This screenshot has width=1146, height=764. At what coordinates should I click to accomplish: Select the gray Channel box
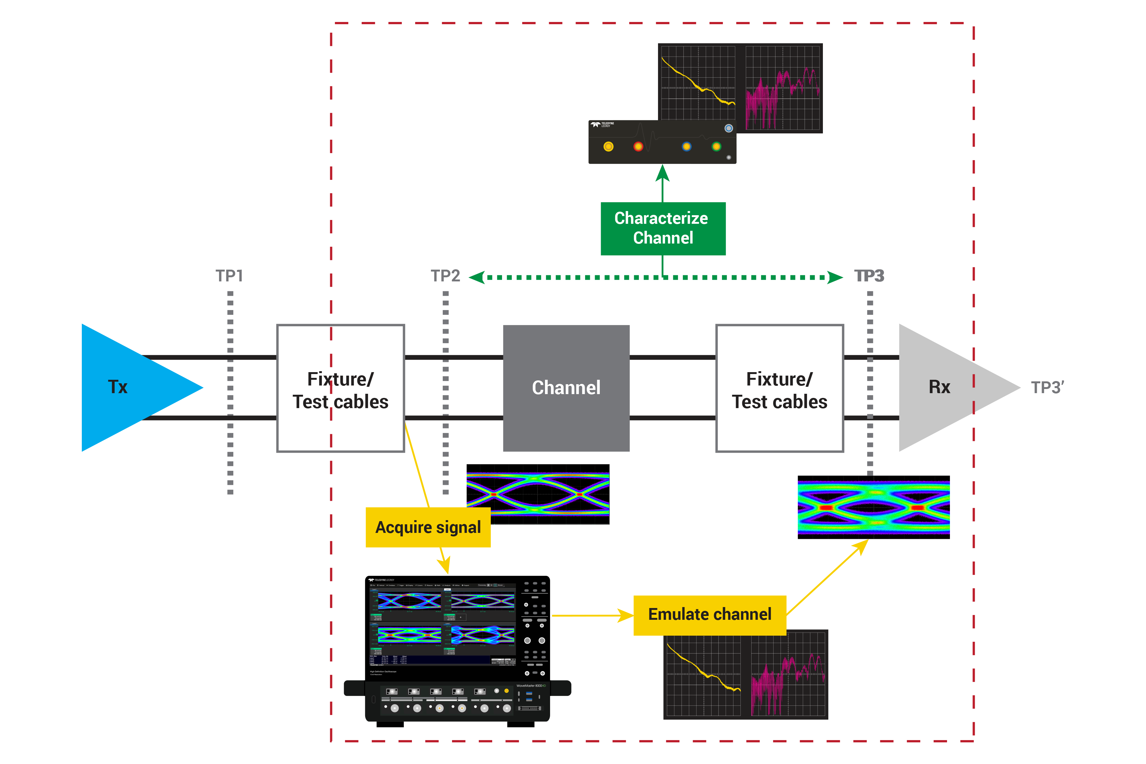coord(566,388)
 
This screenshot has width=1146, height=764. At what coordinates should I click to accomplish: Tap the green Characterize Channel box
coord(663,228)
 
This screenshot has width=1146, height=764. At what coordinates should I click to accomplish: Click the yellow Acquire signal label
coord(428,527)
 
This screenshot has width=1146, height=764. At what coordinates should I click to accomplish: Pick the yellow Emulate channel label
coord(710,614)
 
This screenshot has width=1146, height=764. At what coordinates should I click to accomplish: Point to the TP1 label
coord(230,276)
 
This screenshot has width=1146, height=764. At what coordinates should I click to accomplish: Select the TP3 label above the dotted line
coord(869,276)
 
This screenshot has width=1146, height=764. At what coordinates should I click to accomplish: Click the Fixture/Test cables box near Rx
coord(780,389)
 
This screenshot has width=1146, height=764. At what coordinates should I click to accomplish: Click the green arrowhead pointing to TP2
coord(477,277)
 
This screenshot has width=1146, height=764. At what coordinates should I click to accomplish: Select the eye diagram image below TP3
coord(874,507)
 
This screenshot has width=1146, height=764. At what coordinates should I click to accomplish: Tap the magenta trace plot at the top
coord(782,88)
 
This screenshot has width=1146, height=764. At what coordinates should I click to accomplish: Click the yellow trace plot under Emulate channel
coord(703,674)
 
